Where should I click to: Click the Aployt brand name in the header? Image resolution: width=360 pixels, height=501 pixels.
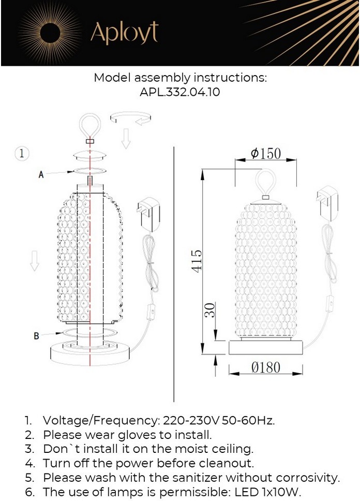tap(124, 33)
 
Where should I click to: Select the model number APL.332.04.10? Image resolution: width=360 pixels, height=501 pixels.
tap(180, 92)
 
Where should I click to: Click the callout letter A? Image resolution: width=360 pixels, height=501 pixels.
tap(41, 174)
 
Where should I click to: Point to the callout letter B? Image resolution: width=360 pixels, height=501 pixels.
tap(36, 336)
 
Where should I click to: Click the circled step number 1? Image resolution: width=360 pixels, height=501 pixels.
tap(22, 153)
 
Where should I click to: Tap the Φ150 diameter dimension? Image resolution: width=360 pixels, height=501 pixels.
tap(266, 154)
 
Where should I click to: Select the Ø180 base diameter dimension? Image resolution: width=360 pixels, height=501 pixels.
tap(266, 367)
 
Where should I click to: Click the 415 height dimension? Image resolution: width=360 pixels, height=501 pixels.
tap(197, 261)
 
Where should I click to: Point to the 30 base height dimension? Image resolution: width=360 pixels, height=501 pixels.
tap(210, 310)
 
